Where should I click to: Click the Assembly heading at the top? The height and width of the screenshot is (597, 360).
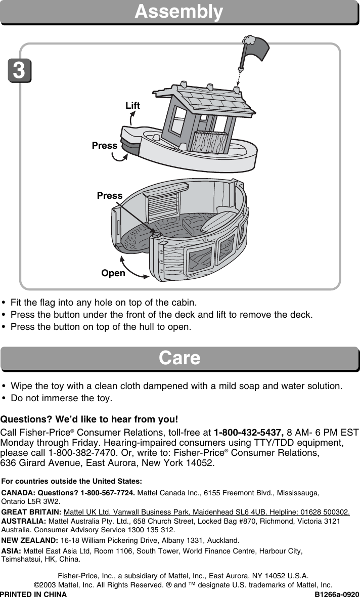[179, 12]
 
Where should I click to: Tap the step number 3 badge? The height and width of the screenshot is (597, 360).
[19, 70]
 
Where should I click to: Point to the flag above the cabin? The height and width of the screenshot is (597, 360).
[256, 49]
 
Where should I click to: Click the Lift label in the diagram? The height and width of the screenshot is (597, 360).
[132, 106]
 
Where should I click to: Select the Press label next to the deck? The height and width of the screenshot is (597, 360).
[105, 146]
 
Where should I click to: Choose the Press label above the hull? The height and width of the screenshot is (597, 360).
[110, 195]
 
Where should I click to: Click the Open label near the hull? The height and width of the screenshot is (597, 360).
[113, 273]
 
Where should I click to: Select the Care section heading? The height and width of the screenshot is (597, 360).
[179, 358]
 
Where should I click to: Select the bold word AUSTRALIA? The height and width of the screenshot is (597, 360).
[24, 521]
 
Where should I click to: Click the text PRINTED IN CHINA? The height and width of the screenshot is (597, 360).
[33, 594]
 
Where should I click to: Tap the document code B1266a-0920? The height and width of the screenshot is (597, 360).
[337, 594]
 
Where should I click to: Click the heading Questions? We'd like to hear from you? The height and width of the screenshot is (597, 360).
[89, 419]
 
